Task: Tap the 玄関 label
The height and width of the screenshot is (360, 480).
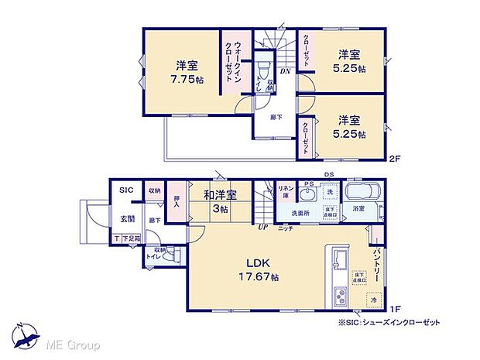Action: (128, 218)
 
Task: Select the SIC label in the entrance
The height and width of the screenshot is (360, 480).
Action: (126, 190)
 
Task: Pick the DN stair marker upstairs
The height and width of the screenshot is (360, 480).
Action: (285, 72)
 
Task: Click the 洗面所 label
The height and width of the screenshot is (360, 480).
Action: (301, 212)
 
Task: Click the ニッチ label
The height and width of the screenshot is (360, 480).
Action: (286, 228)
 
